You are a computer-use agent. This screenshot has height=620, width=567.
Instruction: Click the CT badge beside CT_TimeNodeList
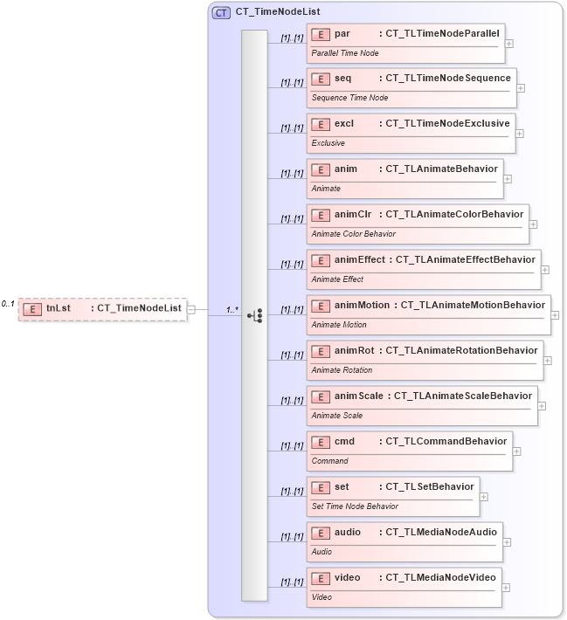tap(221, 13)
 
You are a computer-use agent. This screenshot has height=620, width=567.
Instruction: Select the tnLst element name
tap(59, 307)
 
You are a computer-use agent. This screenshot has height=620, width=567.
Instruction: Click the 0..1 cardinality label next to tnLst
tap(8, 304)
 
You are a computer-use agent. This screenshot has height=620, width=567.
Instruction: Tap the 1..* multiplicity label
tap(232, 309)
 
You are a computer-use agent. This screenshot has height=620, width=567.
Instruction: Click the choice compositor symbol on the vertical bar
tap(254, 315)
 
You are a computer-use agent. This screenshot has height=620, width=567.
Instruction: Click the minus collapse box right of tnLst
tap(191, 308)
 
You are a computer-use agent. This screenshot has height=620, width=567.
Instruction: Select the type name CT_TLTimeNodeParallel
tap(443, 33)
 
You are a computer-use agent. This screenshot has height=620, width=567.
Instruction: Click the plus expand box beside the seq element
tap(521, 87)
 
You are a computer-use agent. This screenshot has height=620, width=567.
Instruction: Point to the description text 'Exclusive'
tap(328, 143)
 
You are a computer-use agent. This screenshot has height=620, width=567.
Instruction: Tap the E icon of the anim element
tap(321, 169)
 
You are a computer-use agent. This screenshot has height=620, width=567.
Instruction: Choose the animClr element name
tap(353, 214)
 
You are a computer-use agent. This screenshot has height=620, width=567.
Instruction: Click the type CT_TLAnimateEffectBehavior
tap(466, 259)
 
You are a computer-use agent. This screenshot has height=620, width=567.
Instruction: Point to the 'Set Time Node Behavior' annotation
tap(355, 506)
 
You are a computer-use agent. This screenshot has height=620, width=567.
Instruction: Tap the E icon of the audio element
tap(321, 533)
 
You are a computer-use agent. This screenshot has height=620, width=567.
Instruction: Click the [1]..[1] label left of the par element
tap(292, 38)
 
